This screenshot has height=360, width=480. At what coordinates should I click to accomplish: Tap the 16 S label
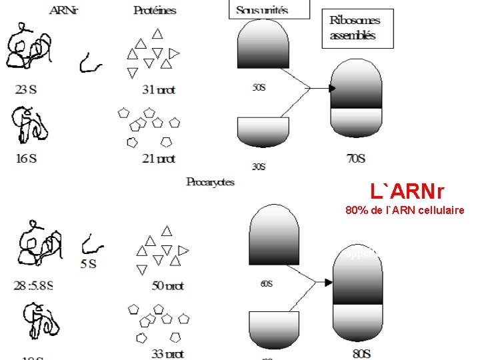[26, 158]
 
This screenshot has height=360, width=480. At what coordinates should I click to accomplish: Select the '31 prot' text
[159, 89]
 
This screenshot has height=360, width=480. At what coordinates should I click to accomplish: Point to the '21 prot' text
[159, 158]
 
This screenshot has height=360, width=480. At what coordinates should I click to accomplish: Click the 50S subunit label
[259, 88]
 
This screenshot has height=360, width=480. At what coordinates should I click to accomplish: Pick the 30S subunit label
[259, 167]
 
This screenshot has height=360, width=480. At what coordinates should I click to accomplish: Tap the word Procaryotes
[210, 181]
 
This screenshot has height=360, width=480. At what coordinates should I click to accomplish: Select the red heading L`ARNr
[407, 192]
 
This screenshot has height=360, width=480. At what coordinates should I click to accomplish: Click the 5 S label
[89, 263]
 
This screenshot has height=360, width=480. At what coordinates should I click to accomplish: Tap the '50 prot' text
[167, 285]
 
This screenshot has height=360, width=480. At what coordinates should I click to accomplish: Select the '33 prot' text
[167, 353]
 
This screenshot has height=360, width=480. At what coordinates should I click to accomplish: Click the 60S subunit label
[266, 283]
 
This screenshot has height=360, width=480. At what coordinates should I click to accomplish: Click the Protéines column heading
[155, 10]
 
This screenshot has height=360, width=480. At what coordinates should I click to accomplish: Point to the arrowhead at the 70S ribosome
[332, 88]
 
